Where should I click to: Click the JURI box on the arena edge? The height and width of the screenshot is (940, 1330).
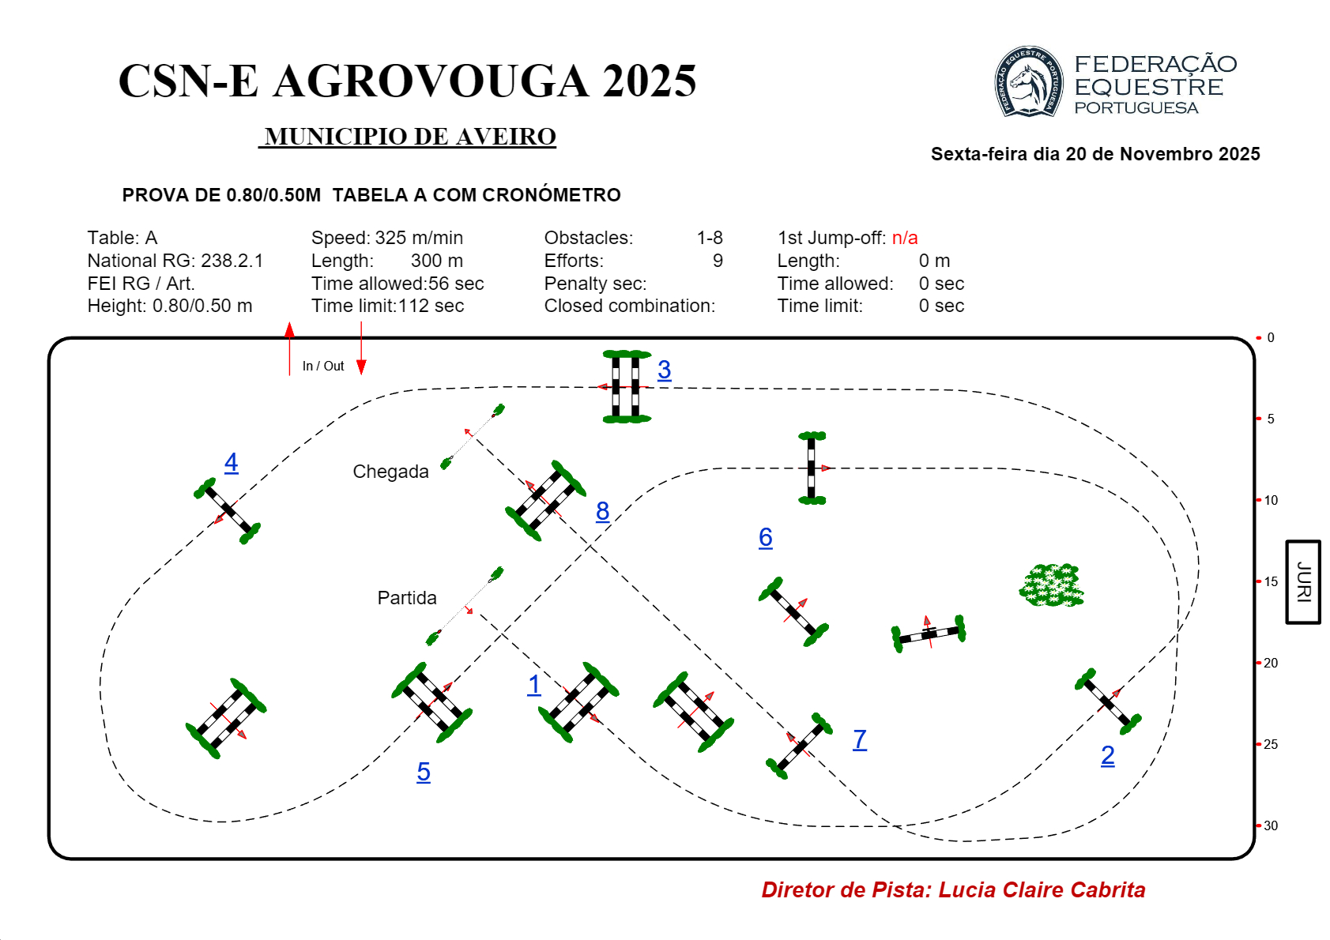click(1302, 582)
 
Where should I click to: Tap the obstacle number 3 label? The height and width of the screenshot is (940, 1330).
click(664, 370)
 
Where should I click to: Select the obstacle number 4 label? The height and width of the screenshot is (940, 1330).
click(231, 462)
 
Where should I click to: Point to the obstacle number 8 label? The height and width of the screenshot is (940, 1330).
click(602, 511)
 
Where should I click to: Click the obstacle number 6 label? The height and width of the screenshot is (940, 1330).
click(765, 537)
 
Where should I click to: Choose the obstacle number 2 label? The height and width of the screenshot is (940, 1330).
click(1107, 756)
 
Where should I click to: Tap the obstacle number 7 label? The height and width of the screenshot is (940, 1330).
click(860, 739)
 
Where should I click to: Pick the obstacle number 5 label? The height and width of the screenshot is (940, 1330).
click(424, 772)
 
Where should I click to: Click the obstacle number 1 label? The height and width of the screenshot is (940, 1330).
click(534, 685)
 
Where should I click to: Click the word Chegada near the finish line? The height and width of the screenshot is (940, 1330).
click(390, 472)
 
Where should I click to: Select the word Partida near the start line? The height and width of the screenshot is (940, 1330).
click(406, 598)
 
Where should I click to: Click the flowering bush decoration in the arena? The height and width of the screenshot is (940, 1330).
click(1051, 585)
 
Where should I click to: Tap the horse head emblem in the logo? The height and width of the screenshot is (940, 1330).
click(1027, 82)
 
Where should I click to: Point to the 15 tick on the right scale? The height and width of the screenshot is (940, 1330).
click(1270, 581)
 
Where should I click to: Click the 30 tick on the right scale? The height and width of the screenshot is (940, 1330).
click(1270, 825)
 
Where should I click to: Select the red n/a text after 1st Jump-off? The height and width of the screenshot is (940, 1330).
click(905, 238)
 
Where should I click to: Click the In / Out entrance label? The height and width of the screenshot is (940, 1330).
click(323, 366)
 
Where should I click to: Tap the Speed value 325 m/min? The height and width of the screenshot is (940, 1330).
click(419, 238)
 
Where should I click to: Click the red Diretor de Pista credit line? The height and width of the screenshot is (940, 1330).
click(953, 890)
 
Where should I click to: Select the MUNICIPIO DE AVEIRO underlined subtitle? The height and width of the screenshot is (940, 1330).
click(409, 137)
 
